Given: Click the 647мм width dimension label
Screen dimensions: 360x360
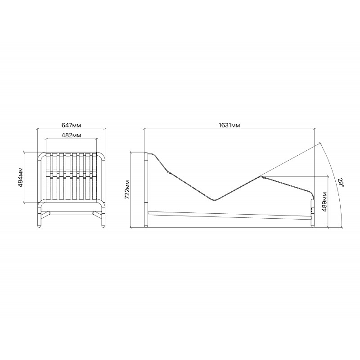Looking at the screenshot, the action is pos(71,125).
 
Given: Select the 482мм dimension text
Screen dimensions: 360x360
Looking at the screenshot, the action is pos(71,135).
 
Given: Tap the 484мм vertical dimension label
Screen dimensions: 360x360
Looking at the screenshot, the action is pos(21,177).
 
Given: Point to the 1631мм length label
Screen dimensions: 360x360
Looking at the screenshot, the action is pos(229,125).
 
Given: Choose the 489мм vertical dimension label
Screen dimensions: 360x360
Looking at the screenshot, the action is pos(324,202).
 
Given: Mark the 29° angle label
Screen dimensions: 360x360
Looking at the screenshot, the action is pos(341,182).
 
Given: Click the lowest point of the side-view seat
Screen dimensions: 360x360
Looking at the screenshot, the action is pos(214,200).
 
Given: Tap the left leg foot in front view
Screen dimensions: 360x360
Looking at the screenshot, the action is pos(39,226).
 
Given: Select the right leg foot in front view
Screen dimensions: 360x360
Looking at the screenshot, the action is pos(103,226).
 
